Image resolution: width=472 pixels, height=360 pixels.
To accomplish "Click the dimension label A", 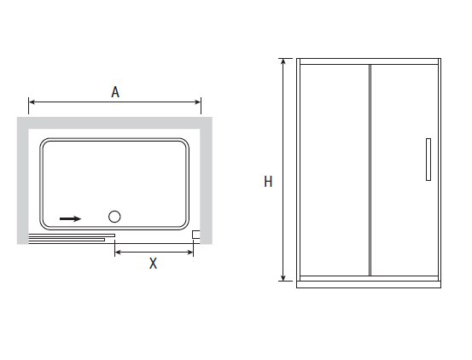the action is tap(115, 92).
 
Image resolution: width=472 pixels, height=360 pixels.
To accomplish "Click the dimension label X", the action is tap(154, 264).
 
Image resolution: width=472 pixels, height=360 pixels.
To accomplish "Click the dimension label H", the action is tap(268, 182).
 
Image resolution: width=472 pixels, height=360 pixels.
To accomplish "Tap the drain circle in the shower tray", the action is tap(114, 217).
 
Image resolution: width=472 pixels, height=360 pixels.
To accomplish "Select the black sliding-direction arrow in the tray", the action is tap(71, 218).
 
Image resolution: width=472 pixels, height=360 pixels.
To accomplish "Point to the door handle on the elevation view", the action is tap(428, 160).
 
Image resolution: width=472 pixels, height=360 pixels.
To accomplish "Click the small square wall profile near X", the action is tap(196, 235).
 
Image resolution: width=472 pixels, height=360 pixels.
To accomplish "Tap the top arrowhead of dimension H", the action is tap(283, 61).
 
